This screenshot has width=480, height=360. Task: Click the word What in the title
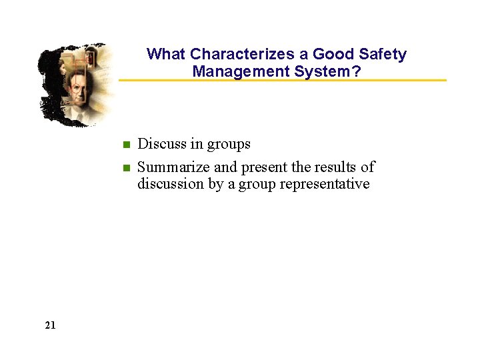click(166, 55)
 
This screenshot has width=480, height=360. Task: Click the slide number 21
click(51, 325)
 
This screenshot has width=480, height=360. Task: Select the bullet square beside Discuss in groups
click(125, 145)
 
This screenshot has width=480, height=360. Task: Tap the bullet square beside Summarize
click(125, 167)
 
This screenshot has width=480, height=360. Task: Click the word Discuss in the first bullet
click(162, 144)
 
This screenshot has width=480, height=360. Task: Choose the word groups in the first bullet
click(229, 145)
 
